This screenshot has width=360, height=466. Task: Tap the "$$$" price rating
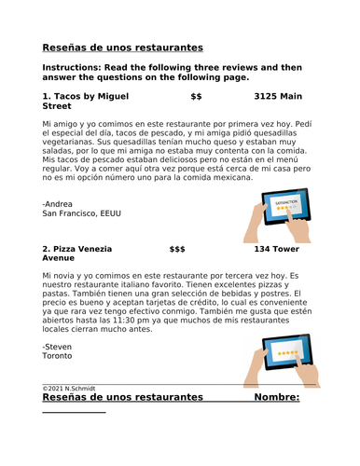click(x=177, y=250)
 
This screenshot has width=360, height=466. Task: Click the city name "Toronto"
click(x=59, y=355)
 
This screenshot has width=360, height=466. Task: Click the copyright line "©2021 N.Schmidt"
click(x=70, y=388)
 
